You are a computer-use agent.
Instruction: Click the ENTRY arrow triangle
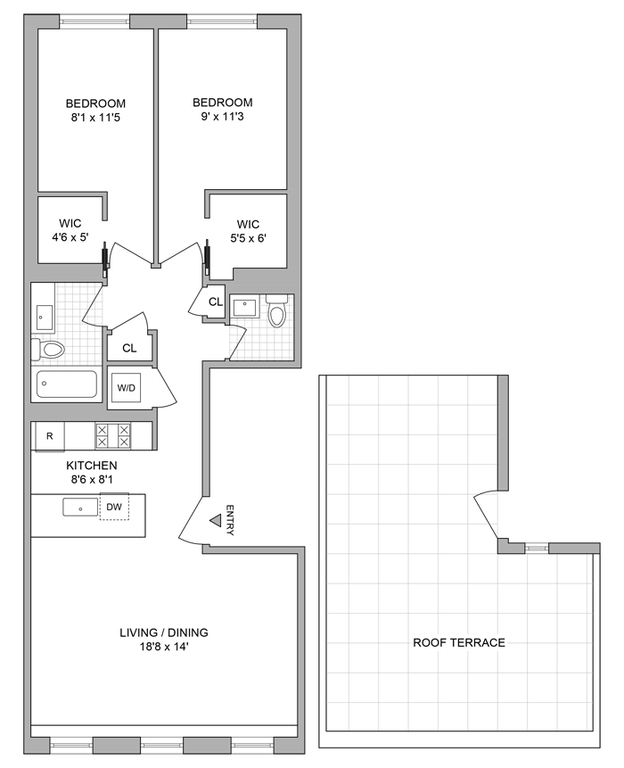click(215, 522)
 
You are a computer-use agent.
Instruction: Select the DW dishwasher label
click(113, 507)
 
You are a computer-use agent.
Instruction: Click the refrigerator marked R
click(49, 436)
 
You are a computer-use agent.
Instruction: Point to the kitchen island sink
click(79, 508)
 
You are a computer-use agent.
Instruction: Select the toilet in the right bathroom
click(277, 313)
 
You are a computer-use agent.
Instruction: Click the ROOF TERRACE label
click(459, 642)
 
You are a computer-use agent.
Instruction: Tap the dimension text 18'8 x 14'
click(163, 648)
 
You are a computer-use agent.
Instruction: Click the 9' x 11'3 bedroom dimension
click(223, 118)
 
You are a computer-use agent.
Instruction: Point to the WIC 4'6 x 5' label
click(70, 230)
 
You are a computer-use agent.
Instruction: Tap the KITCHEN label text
click(91, 466)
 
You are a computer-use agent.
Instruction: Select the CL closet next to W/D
click(129, 348)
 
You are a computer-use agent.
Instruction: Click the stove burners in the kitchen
click(112, 436)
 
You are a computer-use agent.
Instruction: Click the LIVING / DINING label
click(163, 632)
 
